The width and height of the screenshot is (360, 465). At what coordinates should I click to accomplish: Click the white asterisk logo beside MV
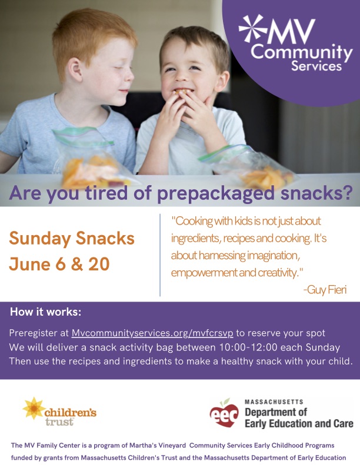click(x=253, y=28)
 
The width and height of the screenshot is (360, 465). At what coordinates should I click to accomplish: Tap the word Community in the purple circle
click(x=302, y=52)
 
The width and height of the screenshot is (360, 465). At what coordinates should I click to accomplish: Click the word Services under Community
click(x=316, y=66)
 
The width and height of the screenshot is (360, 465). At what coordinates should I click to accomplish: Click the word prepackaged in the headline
click(x=215, y=193)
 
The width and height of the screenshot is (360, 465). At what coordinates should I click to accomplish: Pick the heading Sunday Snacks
click(x=72, y=239)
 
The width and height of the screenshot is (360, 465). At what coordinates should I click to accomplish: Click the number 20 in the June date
click(x=99, y=264)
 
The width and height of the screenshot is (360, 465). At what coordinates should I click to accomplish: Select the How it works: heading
click(x=46, y=312)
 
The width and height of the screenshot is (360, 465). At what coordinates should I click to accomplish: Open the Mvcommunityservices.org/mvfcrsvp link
click(x=152, y=333)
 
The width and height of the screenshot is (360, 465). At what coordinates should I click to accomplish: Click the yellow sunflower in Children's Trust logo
click(x=34, y=409)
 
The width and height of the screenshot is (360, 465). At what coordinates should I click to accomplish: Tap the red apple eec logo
click(x=224, y=413)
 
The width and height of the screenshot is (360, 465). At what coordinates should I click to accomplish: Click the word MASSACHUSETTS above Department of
click(x=274, y=402)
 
